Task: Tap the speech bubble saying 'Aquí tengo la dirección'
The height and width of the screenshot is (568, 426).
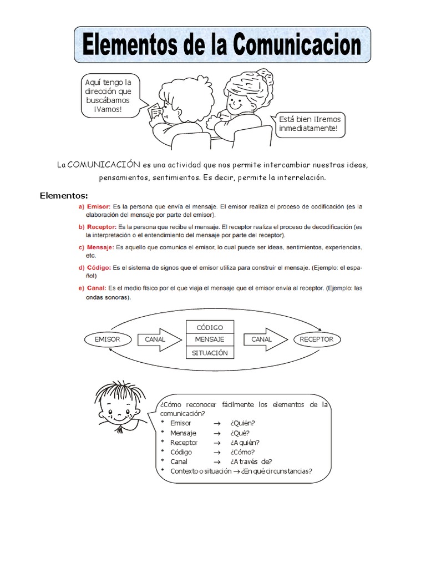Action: (x=108, y=95)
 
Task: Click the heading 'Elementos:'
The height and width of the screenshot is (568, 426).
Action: (x=64, y=195)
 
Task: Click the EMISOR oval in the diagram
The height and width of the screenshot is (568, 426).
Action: (x=106, y=339)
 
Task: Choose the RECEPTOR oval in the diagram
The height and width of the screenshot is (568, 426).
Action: (x=317, y=339)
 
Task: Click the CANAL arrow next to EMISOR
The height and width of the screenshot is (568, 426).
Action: (x=158, y=339)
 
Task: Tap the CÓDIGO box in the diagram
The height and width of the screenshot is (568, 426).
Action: (x=209, y=327)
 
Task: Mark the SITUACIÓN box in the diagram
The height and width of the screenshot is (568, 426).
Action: (x=209, y=353)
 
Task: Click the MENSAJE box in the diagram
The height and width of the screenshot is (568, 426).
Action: (x=209, y=339)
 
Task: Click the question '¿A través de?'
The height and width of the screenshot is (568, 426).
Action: (x=251, y=461)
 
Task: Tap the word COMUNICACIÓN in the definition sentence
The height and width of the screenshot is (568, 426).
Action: (x=104, y=165)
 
